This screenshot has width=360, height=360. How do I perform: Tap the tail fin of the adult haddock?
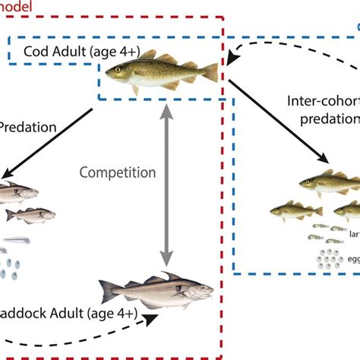coord(106,292)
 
